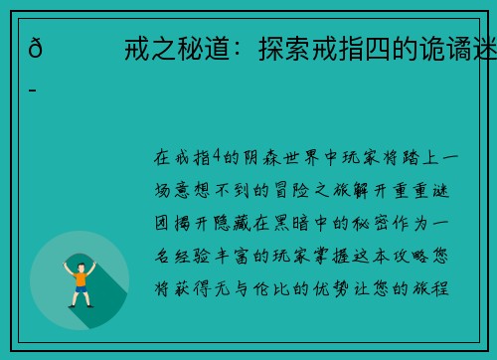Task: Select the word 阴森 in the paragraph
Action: [258, 157]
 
